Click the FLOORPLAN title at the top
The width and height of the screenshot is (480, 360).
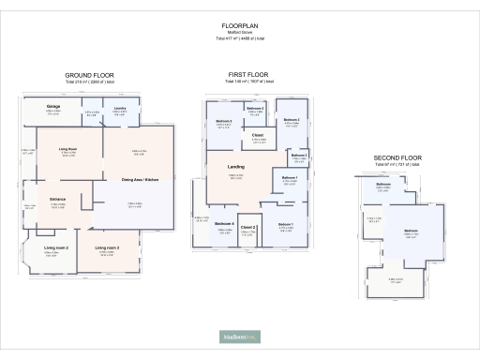click(x=239, y=25)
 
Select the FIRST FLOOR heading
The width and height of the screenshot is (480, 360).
click(x=247, y=73)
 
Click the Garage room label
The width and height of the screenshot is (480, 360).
click(x=54, y=107)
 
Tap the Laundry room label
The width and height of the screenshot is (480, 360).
click(x=120, y=109)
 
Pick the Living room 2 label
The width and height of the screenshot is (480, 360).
click(x=56, y=247)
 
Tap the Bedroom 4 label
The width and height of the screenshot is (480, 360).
click(x=223, y=223)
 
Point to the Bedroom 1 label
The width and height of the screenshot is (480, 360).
click(x=285, y=224)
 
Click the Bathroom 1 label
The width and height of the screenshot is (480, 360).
click(x=290, y=177)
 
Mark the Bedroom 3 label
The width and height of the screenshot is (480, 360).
click(x=224, y=121)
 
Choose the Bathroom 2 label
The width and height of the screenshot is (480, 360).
click(x=255, y=109)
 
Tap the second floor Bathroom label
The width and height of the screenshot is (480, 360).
click(x=383, y=184)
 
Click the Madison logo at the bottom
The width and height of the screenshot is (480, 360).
click(x=239, y=335)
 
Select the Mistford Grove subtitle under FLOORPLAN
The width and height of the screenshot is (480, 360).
click(x=239, y=33)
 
